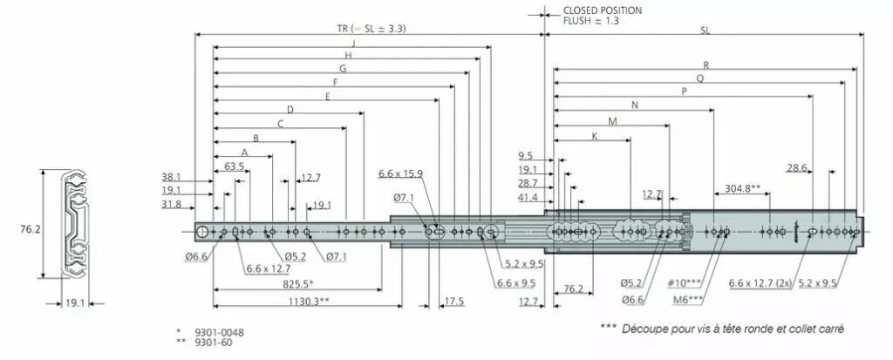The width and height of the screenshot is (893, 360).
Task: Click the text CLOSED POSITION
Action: [602, 10]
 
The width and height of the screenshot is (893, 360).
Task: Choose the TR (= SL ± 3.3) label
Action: [371, 29]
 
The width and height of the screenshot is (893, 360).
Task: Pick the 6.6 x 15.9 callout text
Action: [400, 173]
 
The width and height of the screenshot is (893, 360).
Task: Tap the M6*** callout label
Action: [688, 300]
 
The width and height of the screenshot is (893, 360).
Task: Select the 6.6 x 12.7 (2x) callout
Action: [760, 283]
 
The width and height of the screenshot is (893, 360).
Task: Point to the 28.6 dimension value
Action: [798, 167]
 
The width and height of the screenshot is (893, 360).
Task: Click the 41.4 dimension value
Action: [528, 197]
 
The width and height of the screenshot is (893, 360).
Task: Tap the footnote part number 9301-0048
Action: [219, 332]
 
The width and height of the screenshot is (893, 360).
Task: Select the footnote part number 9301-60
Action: [214, 343]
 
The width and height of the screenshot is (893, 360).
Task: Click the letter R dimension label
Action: [706, 65]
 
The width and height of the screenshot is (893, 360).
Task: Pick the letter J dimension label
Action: [354, 44]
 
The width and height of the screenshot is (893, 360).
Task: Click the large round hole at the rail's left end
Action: [202, 231]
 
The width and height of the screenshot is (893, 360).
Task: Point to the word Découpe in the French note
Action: [641, 329]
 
